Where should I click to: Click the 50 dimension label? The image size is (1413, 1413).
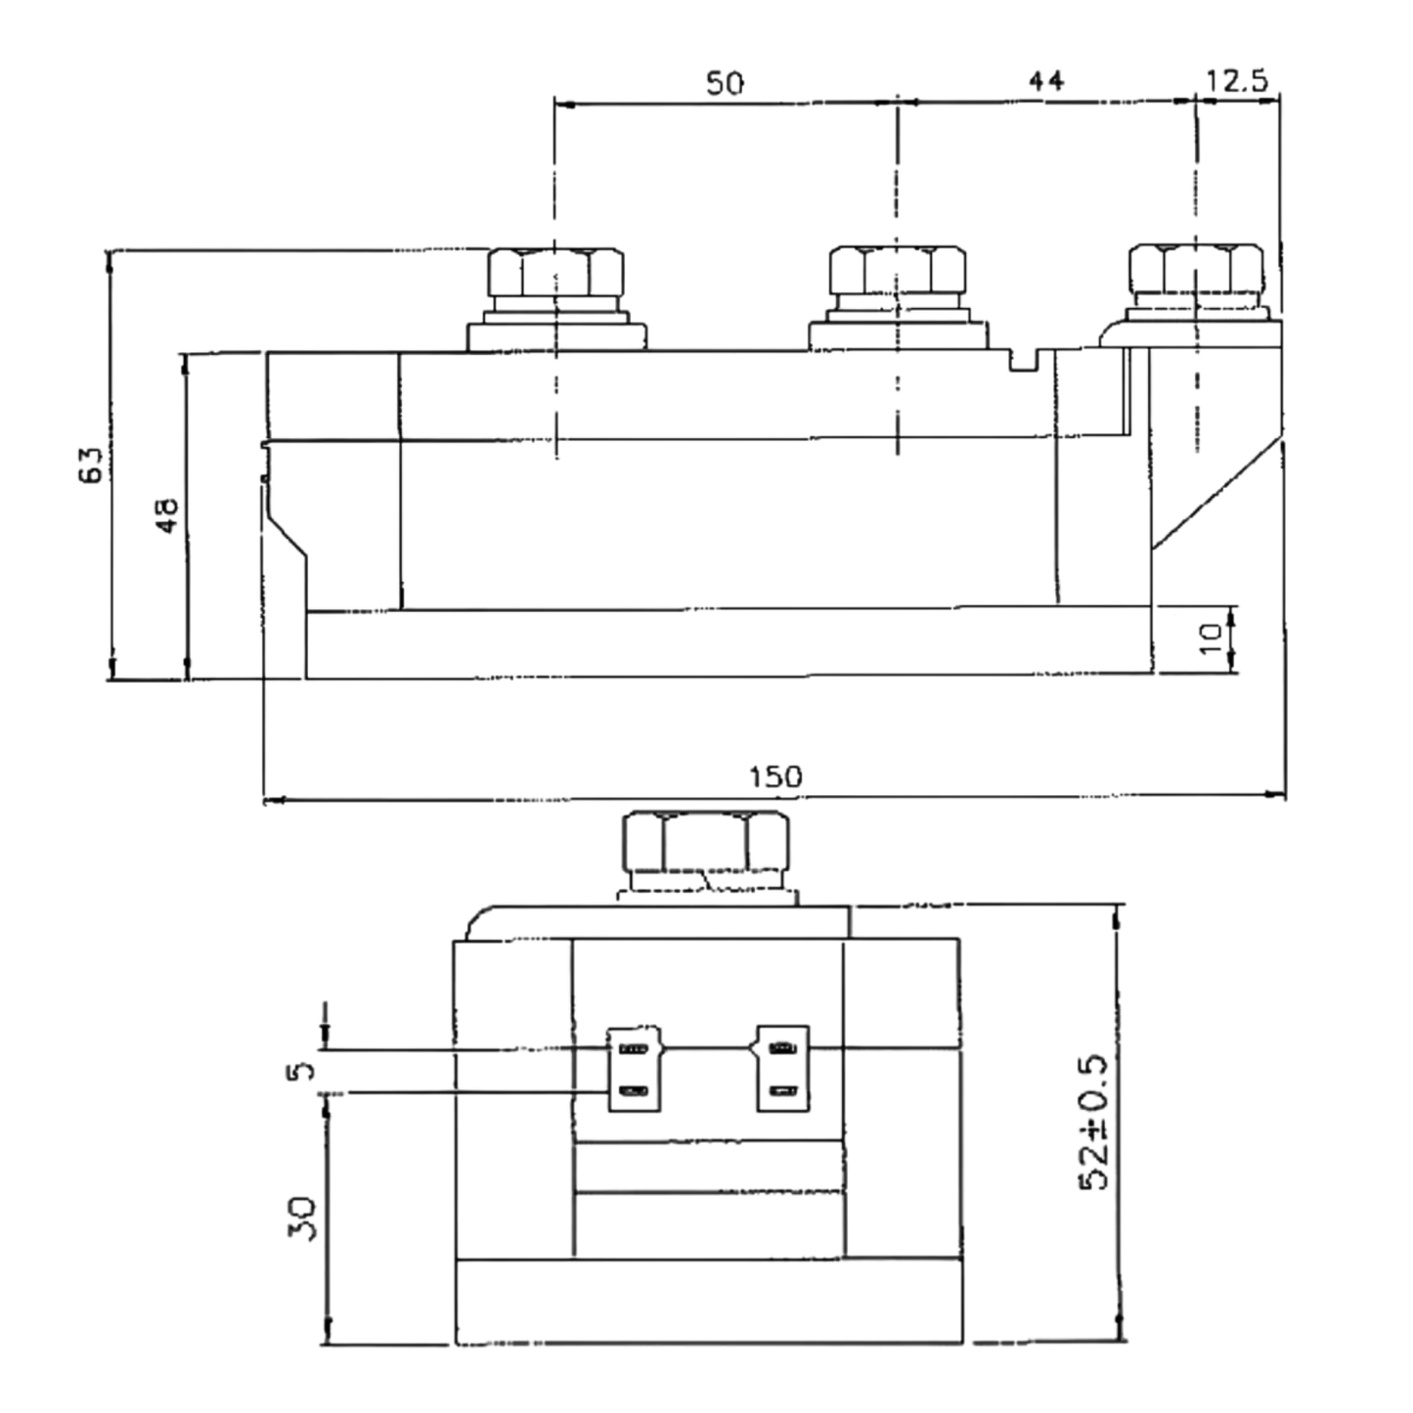[x=725, y=83]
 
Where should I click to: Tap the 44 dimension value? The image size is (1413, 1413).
[x=1045, y=80]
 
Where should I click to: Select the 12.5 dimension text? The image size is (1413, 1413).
[x=1237, y=80]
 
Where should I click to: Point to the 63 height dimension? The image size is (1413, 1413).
[x=91, y=464]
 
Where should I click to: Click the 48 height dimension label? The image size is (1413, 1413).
[x=167, y=515]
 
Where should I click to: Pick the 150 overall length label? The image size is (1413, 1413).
[x=775, y=776]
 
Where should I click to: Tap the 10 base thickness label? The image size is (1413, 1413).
[x=1210, y=639]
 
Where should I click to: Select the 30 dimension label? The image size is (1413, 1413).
[x=302, y=1218]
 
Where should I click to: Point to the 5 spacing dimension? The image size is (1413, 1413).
[x=300, y=1072]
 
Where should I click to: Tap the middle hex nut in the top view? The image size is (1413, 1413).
[x=898, y=270]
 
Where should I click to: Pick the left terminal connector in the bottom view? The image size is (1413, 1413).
[x=635, y=1069]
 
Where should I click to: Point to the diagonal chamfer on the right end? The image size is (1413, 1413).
[x=1217, y=494]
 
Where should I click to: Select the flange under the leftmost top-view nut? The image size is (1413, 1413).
[x=557, y=336]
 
